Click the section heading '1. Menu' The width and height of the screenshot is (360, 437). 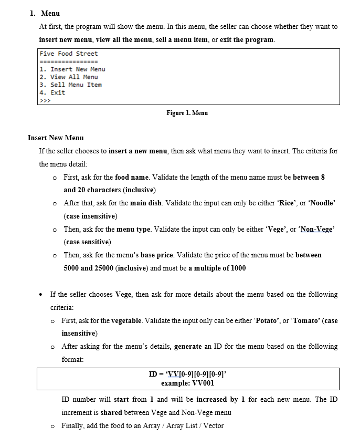coord(46,13)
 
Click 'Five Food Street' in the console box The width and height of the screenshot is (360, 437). coord(69,54)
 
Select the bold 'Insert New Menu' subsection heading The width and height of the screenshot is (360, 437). coord(56,138)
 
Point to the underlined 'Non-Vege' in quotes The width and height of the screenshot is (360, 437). coord(316,229)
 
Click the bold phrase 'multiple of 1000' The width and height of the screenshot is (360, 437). coord(217,268)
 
